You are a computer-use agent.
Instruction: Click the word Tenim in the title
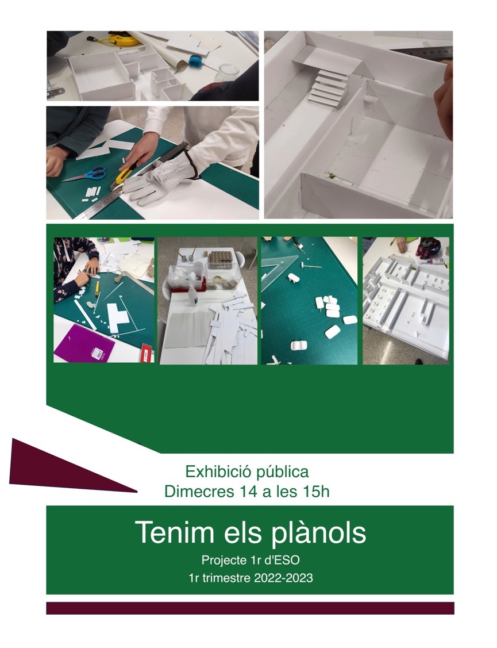174,532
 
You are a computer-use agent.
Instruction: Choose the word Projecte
224,561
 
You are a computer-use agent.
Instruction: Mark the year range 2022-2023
283,578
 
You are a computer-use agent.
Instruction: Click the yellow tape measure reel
124,39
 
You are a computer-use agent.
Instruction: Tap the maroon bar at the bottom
250,608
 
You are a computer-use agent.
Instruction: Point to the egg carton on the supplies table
220,259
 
